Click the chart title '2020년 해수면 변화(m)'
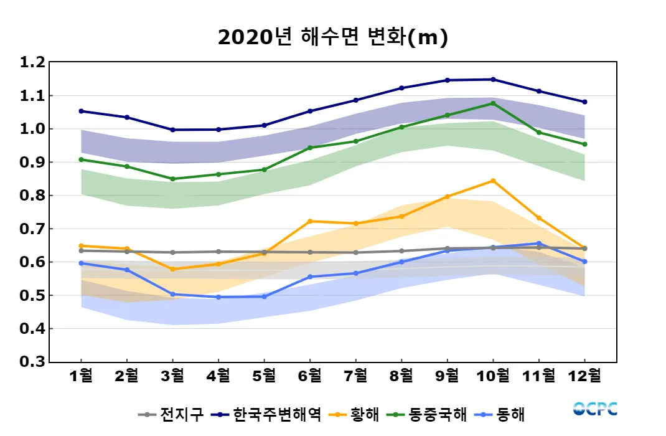click(x=333, y=37)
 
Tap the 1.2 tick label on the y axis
click(x=32, y=62)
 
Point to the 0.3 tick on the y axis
click(x=32, y=362)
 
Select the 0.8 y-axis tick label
click(x=32, y=196)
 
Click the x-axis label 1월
click(x=81, y=376)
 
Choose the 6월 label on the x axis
click(x=310, y=376)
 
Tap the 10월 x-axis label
click(x=493, y=376)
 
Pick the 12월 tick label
click(x=584, y=376)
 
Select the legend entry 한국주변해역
click(x=268, y=414)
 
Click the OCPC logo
click(x=595, y=409)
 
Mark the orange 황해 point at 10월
click(x=493, y=181)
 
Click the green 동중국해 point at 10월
click(x=493, y=103)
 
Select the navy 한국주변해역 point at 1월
click(x=81, y=111)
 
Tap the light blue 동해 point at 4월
click(x=218, y=297)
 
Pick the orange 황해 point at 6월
click(x=310, y=221)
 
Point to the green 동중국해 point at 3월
click(x=172, y=179)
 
